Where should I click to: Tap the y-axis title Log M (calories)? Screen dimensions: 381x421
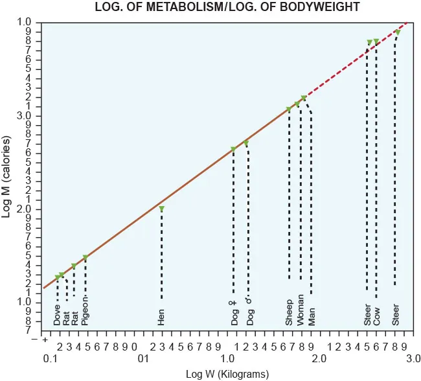point(8,176)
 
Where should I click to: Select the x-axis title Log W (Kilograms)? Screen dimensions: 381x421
point(227,373)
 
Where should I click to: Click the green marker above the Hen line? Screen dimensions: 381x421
point(161,209)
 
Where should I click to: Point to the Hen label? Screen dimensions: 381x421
point(161,316)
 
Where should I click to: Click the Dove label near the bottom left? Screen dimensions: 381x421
point(58,315)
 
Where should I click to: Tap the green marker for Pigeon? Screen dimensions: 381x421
point(85,258)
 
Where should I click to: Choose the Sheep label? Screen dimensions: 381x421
point(289,312)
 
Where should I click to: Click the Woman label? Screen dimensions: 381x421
point(301,310)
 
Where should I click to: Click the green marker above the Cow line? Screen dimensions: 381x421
point(376,41)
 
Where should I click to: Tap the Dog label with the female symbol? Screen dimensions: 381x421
point(234,312)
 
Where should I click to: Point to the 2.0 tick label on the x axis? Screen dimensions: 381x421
point(317,358)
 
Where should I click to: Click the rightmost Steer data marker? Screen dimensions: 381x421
point(397,32)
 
